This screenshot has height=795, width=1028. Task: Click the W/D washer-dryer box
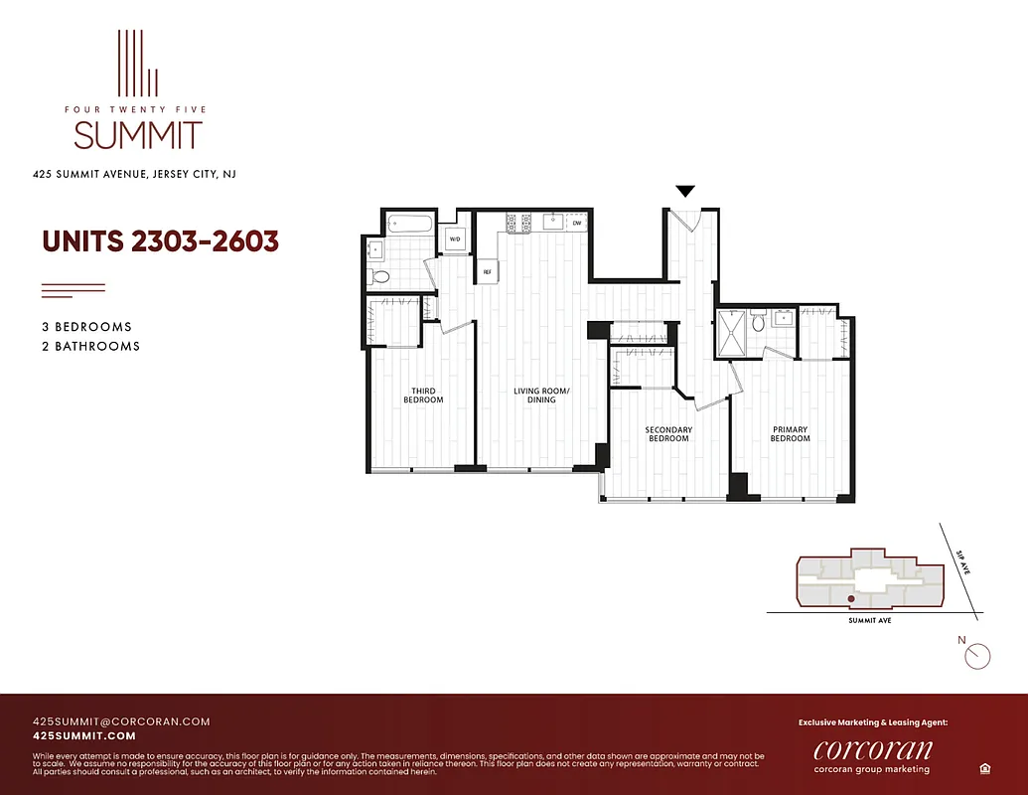point(455,239)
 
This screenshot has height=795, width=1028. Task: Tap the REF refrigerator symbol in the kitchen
point(488,271)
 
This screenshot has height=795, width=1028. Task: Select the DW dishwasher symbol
point(577,224)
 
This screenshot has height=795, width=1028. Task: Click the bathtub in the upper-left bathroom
point(408,225)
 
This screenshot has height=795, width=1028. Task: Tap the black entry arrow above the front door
point(685,191)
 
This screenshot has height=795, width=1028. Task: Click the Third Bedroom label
point(423,396)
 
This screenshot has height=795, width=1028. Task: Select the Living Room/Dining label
point(541,396)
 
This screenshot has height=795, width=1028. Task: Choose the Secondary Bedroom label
point(668,434)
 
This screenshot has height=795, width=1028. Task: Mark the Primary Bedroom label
point(790,434)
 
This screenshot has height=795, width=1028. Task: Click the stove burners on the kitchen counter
point(517,223)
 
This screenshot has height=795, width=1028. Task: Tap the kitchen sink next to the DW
point(551,222)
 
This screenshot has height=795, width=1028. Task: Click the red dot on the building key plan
point(850,599)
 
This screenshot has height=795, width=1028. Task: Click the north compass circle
point(978,656)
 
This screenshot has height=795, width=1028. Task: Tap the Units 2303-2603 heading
point(160,241)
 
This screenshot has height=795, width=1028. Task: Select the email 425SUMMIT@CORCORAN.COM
point(121,721)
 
